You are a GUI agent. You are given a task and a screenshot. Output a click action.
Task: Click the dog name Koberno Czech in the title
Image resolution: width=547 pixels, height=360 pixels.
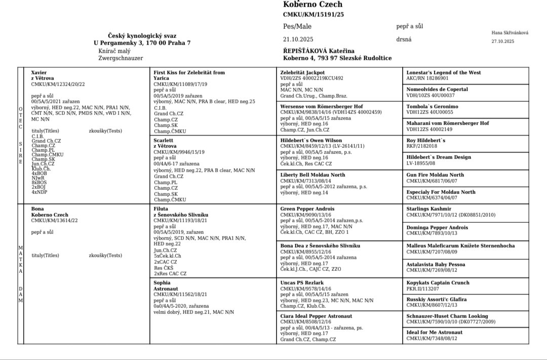(312, 5)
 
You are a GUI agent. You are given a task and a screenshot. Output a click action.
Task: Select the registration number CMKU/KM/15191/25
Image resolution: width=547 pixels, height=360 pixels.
(313, 15)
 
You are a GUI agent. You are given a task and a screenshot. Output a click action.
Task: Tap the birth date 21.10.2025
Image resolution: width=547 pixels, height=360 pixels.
(298, 39)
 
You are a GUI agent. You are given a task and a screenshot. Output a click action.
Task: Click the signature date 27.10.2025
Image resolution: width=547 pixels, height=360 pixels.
(502, 42)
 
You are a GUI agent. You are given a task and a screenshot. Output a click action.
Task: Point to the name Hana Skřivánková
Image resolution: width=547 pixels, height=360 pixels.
(510, 33)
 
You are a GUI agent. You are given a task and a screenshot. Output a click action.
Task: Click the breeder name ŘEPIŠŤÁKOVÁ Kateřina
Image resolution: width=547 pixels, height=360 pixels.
(319, 51)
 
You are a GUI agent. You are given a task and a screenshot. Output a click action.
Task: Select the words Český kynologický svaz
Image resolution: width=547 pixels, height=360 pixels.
(142, 35)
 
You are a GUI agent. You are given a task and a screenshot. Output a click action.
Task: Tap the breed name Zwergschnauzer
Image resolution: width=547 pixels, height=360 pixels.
(121, 58)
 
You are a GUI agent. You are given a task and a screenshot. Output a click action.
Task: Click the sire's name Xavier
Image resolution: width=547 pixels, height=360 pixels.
(38, 73)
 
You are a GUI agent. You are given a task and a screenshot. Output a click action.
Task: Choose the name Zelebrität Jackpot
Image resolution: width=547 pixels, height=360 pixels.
(302, 72)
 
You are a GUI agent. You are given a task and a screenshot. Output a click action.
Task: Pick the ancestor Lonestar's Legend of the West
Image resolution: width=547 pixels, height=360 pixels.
(443, 72)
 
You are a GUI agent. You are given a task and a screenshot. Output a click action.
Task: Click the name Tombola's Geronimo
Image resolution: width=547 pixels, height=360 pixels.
(432, 106)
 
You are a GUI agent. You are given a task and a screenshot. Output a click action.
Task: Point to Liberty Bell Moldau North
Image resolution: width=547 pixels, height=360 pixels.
(312, 175)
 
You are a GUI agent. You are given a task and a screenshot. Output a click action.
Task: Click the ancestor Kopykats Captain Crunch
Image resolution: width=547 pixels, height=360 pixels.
(438, 283)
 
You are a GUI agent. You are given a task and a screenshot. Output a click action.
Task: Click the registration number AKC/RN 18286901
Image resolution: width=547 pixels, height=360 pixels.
(427, 78)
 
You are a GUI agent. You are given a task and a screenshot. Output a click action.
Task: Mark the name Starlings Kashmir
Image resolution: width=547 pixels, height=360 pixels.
(428, 209)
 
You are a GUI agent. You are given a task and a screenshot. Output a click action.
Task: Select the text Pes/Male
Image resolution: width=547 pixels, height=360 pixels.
(297, 26)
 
